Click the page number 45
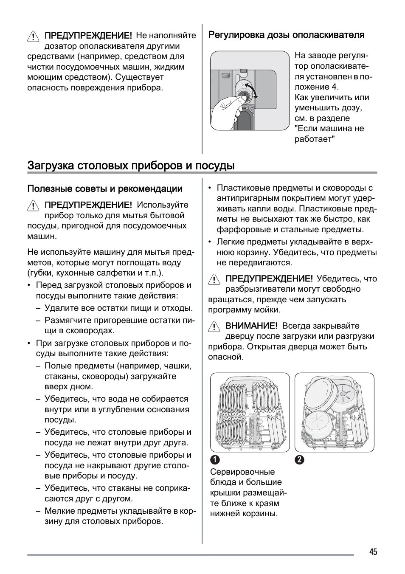click(373, 551)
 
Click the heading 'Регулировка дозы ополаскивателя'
click(286, 35)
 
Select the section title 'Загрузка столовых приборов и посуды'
click(131, 165)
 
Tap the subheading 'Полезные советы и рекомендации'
click(105, 189)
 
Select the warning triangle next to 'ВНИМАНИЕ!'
click(214, 326)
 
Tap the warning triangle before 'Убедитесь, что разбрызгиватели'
click(214, 279)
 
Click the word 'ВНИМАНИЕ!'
click(251, 326)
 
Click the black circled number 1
click(215, 460)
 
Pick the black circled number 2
click(300, 460)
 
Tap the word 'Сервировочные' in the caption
click(242, 472)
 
